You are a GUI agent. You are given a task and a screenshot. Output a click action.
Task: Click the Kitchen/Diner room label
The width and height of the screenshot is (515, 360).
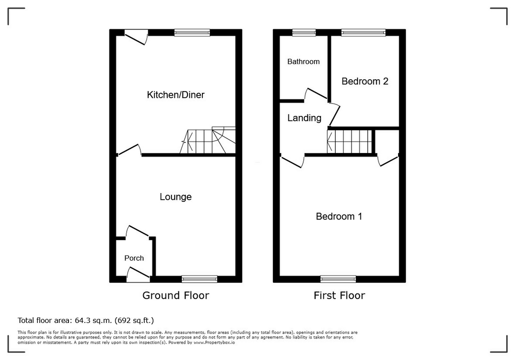pyautogui.click(x=176, y=95)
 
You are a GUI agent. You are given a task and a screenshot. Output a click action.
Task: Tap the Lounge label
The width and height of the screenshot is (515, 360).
pyautogui.click(x=176, y=197)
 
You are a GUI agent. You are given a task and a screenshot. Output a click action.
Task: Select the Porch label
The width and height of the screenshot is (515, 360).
pyautogui.click(x=134, y=258)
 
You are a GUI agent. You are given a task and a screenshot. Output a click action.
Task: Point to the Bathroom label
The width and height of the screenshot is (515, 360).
pyautogui.click(x=303, y=61)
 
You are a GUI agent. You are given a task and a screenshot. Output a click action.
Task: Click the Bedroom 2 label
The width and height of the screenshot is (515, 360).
pyautogui.click(x=365, y=81)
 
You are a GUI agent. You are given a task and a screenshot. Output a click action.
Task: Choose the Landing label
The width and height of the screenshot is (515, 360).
pyautogui.click(x=304, y=118)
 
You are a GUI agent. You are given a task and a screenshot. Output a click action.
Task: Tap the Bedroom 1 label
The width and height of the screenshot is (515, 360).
pyautogui.click(x=339, y=216)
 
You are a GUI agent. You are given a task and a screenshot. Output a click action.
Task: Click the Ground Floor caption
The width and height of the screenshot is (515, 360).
pyautogui.click(x=176, y=295)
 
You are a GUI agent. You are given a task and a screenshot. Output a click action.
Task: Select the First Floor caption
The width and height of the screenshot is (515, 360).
pyautogui.click(x=339, y=295)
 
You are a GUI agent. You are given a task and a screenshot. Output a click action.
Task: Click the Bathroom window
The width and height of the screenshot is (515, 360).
pyautogui.click(x=304, y=32)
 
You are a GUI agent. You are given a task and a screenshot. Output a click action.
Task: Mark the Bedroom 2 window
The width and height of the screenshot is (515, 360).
pyautogui.click(x=363, y=32)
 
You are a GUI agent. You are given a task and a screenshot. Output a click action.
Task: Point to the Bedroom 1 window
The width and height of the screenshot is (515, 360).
pyautogui.click(x=338, y=279)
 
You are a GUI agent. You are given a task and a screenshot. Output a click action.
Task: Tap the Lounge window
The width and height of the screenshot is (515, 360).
pyautogui.click(x=199, y=279)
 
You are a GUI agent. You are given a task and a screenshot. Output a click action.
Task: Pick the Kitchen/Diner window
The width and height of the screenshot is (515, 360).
pyautogui.click(x=192, y=32)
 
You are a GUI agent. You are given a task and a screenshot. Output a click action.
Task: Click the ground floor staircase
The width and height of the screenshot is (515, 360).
pyautogui.click(x=208, y=140)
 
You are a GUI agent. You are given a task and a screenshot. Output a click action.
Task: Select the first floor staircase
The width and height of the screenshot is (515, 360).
pyautogui.click(x=351, y=142)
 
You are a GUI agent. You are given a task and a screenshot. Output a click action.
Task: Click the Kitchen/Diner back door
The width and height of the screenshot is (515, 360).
pyautogui.click(x=136, y=37)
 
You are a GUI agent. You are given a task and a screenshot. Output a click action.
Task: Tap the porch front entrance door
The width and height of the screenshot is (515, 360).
pyautogui.click(x=138, y=275)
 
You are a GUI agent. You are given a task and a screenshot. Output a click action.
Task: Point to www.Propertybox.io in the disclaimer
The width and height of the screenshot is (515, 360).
pyautogui.click(x=214, y=342)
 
